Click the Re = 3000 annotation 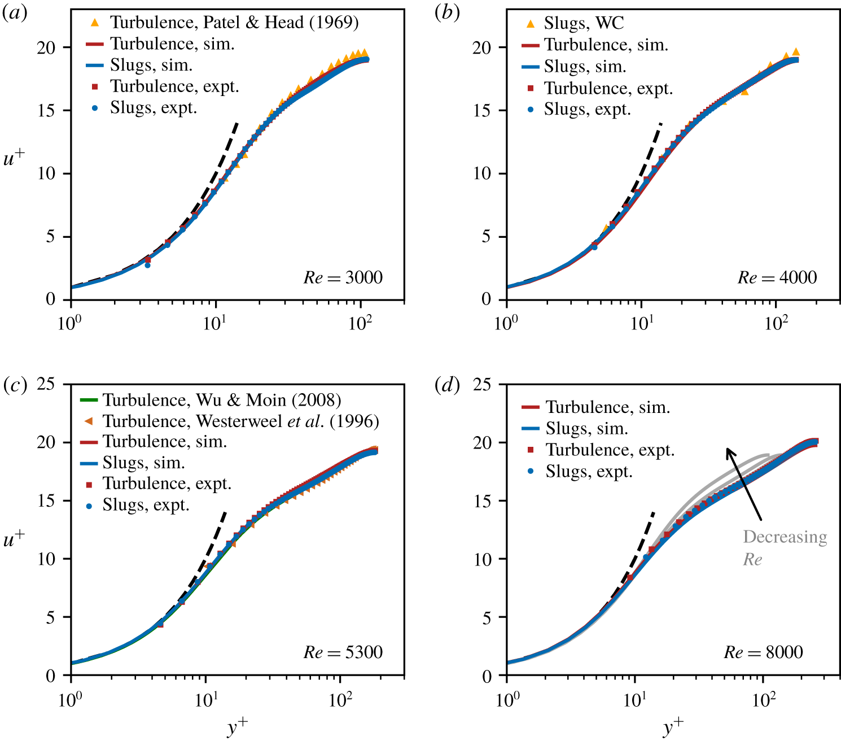pos(343,277)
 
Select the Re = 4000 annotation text pos(777,277)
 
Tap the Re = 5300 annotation pos(343,652)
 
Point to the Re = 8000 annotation pos(763,652)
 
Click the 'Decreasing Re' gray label pos(785,547)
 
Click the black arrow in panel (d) pos(744,484)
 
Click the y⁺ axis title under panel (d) pos(672,727)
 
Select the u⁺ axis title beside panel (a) pos(14,158)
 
